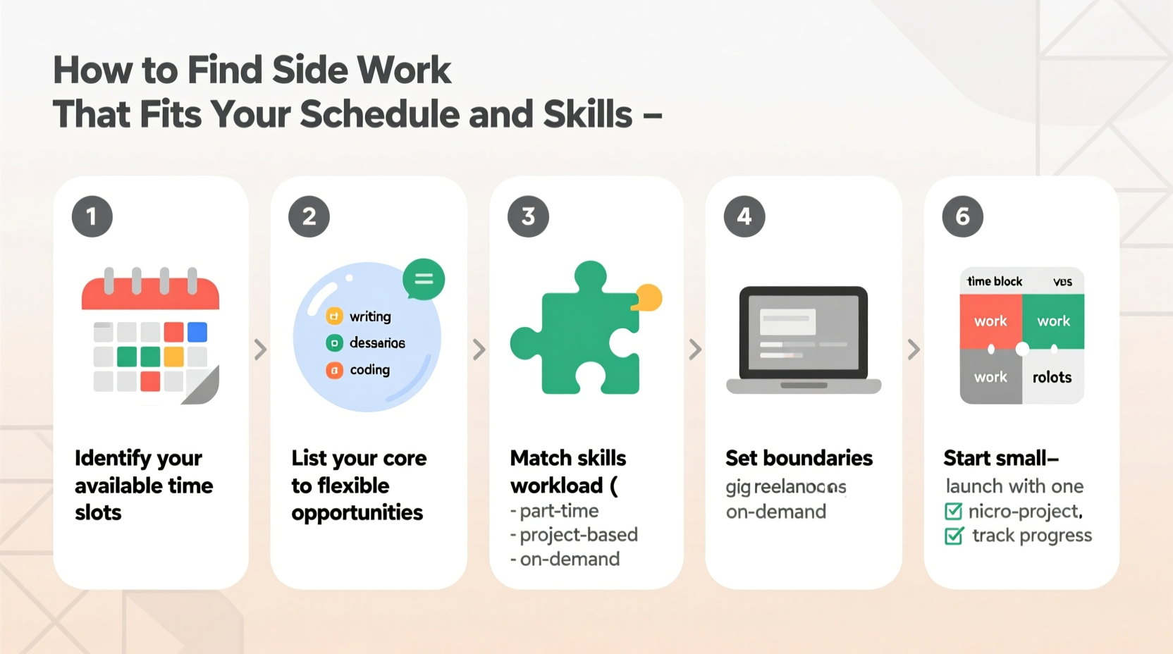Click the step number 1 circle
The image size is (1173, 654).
[92, 216]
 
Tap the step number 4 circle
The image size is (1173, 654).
[744, 216]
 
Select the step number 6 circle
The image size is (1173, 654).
[963, 216]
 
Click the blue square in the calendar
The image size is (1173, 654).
[197, 332]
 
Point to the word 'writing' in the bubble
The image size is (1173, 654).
[370, 316]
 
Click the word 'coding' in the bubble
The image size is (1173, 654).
[369, 370]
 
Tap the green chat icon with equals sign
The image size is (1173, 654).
[424, 279]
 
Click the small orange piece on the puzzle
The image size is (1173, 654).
[649, 297]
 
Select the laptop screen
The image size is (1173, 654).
[803, 333]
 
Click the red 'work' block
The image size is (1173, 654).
[990, 321]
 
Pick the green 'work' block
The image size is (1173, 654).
[1053, 321]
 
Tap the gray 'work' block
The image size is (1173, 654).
[990, 378]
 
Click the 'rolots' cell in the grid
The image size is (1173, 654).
[1052, 378]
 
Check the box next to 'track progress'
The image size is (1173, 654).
[954, 536]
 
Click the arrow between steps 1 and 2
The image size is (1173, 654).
[260, 349]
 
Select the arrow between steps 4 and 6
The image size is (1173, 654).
[914, 349]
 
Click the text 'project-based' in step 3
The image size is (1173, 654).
[578, 535]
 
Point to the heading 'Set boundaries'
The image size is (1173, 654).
[799, 458]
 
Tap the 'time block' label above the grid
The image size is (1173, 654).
[994, 282]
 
